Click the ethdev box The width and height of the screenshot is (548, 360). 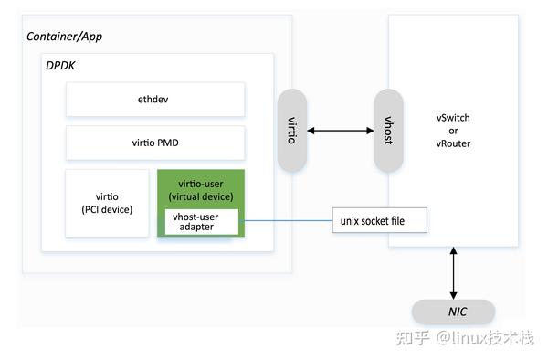point(155,99)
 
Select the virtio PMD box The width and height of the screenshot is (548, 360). point(155,143)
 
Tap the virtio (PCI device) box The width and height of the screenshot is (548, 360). point(107,203)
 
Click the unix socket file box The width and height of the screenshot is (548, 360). point(379,220)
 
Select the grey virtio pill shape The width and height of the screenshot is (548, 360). point(292,130)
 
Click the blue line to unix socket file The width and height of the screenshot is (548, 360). point(283,220)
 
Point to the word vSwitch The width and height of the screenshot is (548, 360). point(454,119)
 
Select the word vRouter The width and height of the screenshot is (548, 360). point(454,143)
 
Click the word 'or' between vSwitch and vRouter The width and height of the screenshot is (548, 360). point(454,131)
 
